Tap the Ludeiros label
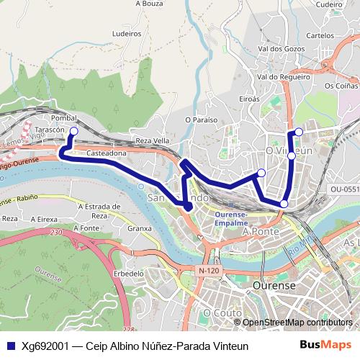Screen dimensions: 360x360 click(127, 33)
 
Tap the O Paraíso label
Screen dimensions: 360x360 click(201, 120)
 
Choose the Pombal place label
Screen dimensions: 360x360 click(65, 117)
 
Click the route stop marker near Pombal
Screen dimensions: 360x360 click(73, 131)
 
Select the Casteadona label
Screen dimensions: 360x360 click(107, 153)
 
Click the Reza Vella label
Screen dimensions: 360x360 click(151, 141)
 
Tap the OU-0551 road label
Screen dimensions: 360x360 click(344, 189)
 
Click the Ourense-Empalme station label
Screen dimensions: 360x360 click(232, 218)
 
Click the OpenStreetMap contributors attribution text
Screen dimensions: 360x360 click(297, 323)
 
